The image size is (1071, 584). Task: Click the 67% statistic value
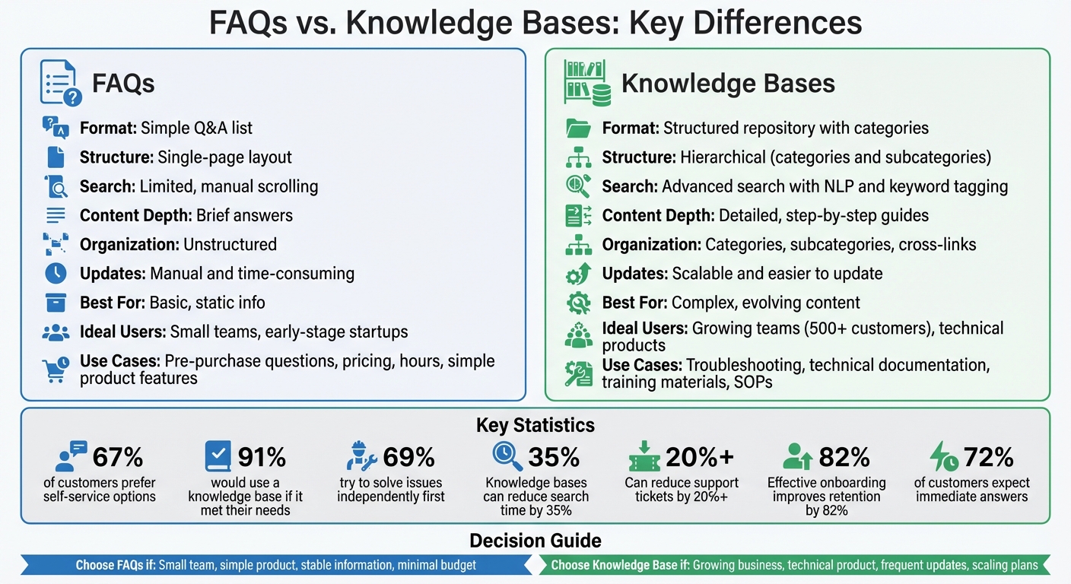click(x=117, y=456)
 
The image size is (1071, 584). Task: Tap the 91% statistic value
click(x=262, y=456)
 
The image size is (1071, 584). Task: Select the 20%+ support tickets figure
click(x=700, y=456)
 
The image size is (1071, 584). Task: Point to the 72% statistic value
click(x=988, y=456)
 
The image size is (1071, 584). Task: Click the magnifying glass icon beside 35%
click(x=507, y=455)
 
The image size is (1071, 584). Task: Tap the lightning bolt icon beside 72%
click(x=944, y=456)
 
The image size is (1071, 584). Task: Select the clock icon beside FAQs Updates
click(x=56, y=273)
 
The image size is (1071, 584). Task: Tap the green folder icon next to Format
click(x=579, y=129)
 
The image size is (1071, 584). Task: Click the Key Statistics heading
click(x=535, y=425)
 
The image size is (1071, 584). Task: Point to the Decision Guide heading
click(x=535, y=541)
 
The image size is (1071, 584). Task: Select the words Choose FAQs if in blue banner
click(x=115, y=565)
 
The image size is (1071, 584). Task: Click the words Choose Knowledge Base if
click(x=619, y=565)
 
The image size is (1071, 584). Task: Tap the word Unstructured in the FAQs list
click(x=230, y=244)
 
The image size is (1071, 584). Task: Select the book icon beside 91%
click(x=218, y=456)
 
